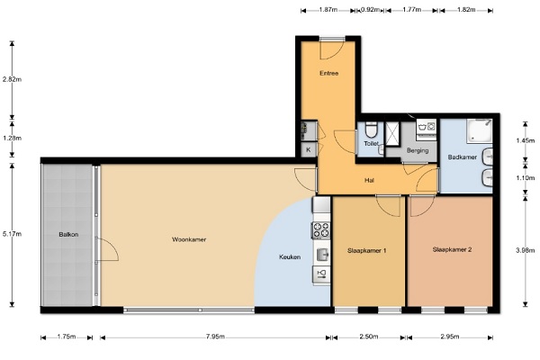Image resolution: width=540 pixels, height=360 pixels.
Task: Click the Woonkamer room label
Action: tap(189, 239)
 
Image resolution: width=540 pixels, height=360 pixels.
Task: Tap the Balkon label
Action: tap(68, 234)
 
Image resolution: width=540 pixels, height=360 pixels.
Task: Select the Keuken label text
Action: tap(290, 257)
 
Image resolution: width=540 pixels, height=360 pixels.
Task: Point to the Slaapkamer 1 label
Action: tap(367, 250)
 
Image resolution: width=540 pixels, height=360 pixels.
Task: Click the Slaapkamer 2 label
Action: tap(452, 249)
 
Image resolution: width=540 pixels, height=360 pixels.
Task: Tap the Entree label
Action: tap(328, 73)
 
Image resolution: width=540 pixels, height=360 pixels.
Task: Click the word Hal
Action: tap(369, 180)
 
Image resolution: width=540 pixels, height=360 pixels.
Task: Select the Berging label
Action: tap(418, 150)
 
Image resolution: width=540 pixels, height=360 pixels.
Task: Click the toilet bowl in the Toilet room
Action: tap(371, 130)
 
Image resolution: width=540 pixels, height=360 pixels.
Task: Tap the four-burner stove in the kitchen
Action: tap(321, 230)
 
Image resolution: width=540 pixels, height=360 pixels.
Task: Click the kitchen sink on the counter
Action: tap(322, 255)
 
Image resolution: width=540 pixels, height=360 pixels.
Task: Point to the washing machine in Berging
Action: tap(427, 128)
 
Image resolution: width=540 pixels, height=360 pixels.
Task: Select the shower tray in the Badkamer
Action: tap(480, 130)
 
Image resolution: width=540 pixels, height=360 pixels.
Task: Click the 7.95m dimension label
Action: tap(215, 337)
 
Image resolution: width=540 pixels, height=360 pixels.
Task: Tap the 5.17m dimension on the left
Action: tap(12, 234)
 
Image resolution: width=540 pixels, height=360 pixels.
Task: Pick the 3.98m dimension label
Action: tap(526, 250)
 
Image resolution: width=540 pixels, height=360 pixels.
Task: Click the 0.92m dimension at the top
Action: tap(370, 10)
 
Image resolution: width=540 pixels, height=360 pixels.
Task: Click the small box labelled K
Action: tap(309, 150)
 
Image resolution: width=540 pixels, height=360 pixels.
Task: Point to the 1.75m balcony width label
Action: tap(67, 337)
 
